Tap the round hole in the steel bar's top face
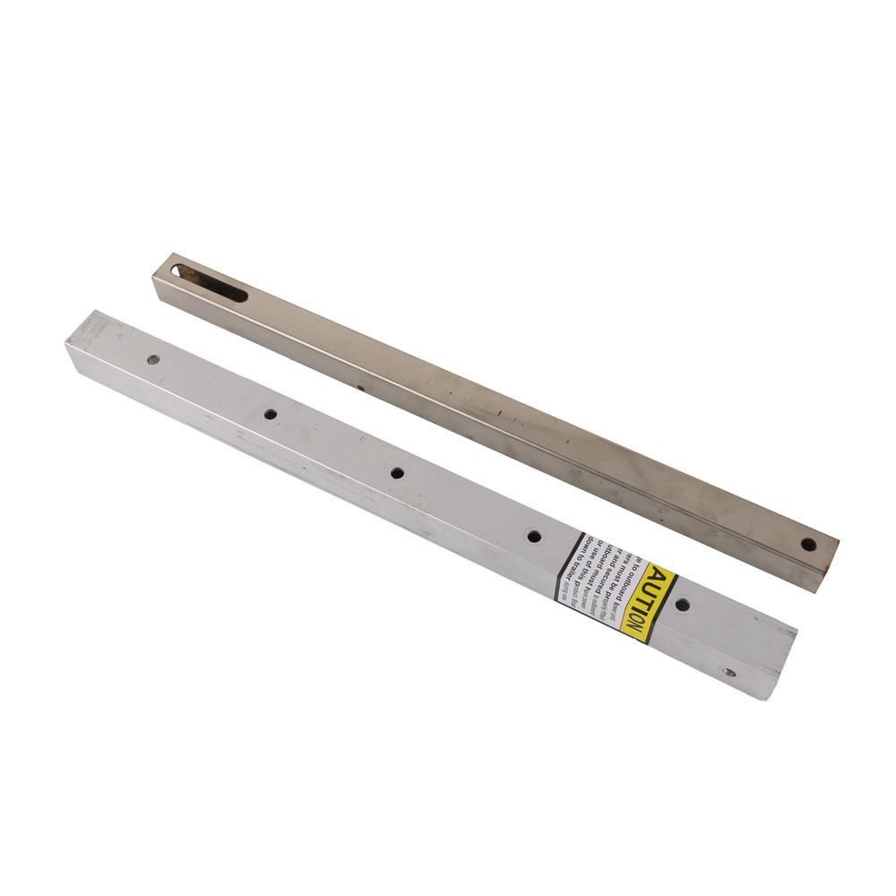click(x=808, y=544)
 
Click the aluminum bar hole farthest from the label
click(x=153, y=359)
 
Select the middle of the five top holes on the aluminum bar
click(x=397, y=472)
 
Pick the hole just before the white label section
click(x=534, y=536)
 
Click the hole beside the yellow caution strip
click(x=682, y=605)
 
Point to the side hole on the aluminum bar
click(x=729, y=671)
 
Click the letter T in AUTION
click(x=648, y=601)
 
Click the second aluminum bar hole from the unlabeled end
click(x=270, y=414)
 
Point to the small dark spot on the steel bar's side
click(x=358, y=388)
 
